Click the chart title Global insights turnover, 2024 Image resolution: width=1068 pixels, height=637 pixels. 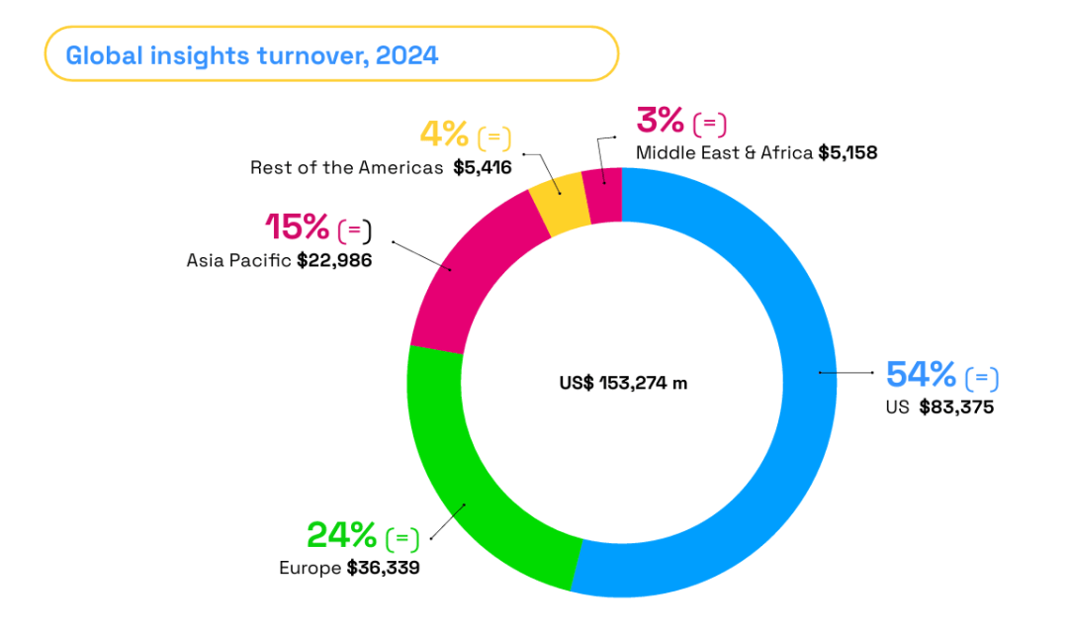tap(252, 54)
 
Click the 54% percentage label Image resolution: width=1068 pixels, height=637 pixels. tap(921, 375)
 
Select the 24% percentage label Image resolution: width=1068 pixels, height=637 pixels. tap(341, 536)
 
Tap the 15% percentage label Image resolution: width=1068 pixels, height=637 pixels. tap(297, 227)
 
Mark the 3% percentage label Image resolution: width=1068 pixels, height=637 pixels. tap(661, 121)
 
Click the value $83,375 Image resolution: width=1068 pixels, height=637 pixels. tap(956, 407)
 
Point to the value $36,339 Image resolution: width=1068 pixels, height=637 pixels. tap(383, 568)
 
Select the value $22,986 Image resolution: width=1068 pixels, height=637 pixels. tap(334, 261)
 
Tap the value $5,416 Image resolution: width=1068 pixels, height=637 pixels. tap(483, 167)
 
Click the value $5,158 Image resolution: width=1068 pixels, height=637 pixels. tap(847, 153)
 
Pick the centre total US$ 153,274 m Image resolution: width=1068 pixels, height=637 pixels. tap(622, 383)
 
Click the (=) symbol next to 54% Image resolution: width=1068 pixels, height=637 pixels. tap(982, 378)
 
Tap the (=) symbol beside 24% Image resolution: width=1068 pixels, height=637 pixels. tap(402, 539)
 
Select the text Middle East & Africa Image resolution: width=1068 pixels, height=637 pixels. tap(724, 153)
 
